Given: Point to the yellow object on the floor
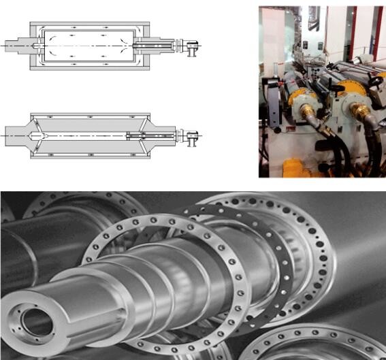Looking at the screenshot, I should tap(297, 166).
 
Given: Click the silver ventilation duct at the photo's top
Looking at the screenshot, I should tap(314, 18).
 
